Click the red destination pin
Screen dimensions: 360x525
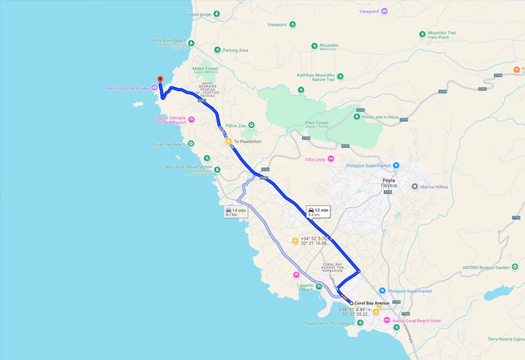160,79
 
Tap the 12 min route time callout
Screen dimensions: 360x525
318,211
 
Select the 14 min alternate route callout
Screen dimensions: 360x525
236,212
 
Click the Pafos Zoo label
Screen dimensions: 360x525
236,125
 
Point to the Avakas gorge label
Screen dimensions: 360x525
198,14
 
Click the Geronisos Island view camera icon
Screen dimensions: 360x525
154,88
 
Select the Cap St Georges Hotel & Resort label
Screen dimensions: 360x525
170,120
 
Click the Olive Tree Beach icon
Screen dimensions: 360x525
191,144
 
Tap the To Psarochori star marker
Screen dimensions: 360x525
229,141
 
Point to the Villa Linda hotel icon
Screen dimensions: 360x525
331,159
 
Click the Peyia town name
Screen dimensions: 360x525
389,181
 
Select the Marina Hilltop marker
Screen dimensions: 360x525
415,187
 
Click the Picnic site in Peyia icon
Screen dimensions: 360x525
357,117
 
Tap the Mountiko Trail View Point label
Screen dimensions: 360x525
441,35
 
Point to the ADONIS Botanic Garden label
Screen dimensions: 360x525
485,267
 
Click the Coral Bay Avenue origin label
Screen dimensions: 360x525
372,303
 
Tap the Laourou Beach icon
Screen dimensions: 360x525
319,287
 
